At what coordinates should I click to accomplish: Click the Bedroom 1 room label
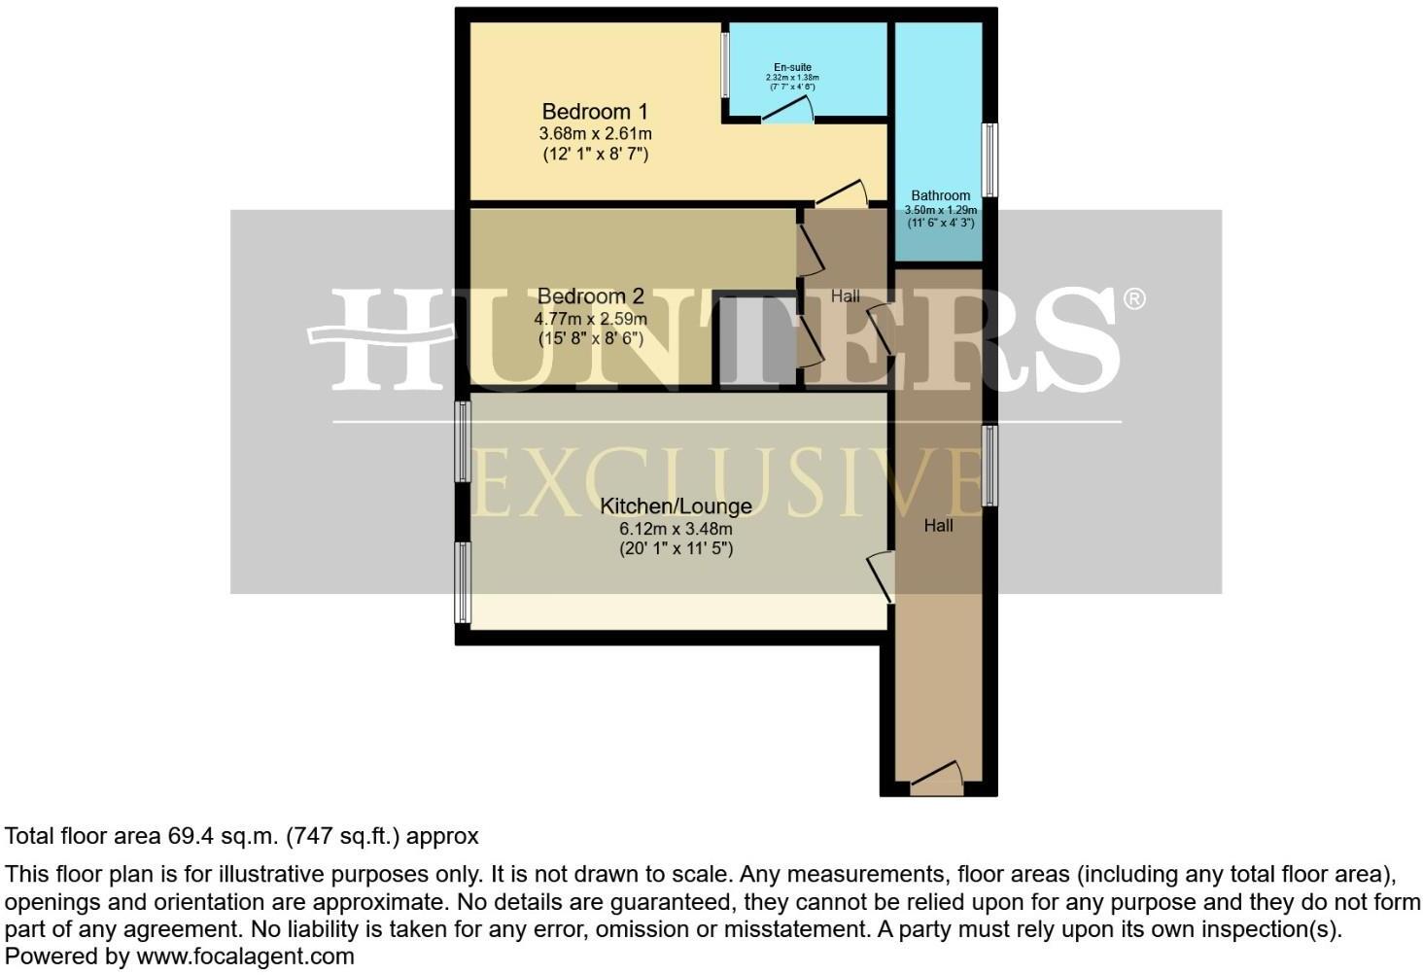click(595, 112)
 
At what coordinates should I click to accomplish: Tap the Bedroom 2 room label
click(590, 296)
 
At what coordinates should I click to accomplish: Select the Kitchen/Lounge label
click(676, 506)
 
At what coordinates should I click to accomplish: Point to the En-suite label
click(792, 67)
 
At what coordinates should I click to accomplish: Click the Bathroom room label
click(940, 195)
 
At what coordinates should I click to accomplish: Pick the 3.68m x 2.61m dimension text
click(595, 133)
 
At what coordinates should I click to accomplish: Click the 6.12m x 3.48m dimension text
click(676, 529)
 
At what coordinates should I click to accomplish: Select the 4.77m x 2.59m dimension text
click(590, 318)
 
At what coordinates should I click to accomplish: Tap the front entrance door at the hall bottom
click(937, 777)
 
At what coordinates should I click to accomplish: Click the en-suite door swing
click(788, 110)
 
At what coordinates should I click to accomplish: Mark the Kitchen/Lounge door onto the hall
click(883, 575)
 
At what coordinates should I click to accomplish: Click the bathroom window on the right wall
click(989, 159)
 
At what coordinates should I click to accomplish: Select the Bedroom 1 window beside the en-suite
click(725, 65)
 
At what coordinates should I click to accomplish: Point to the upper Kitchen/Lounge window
click(464, 442)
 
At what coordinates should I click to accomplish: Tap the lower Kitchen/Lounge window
click(464, 582)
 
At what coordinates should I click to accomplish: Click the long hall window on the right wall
click(989, 466)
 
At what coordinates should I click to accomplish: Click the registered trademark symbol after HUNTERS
click(1133, 299)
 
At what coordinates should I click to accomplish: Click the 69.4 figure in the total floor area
click(189, 836)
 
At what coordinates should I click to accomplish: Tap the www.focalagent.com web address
click(245, 957)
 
